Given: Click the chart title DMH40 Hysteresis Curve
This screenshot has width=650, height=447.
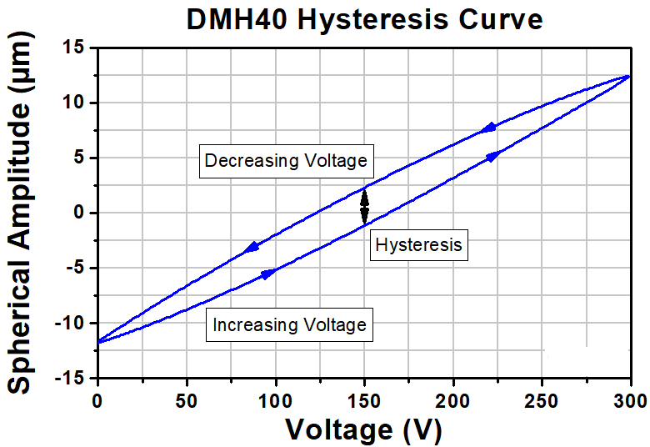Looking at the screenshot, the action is [x=364, y=18].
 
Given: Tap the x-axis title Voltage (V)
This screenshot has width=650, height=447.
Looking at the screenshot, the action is [x=363, y=429].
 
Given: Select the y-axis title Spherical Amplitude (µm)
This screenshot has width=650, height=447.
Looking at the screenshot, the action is [x=19, y=213].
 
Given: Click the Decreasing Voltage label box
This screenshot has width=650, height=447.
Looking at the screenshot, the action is [x=287, y=161].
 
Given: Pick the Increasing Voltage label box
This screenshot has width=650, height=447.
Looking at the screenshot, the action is [x=289, y=324].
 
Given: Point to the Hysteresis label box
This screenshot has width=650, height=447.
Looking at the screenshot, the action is [x=418, y=245].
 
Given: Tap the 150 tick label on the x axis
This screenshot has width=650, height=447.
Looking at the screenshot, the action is [x=364, y=401].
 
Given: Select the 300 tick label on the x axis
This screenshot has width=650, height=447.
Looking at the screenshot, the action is [x=630, y=401].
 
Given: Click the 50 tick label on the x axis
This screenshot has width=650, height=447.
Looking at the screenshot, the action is [x=187, y=401].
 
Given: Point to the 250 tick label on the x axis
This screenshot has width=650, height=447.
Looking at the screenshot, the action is [x=542, y=401].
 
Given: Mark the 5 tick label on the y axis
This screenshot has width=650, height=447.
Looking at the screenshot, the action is [x=80, y=158].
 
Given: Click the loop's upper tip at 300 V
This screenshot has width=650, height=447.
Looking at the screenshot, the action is [x=630, y=76].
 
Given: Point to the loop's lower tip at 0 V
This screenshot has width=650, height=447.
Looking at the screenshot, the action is [x=97, y=342].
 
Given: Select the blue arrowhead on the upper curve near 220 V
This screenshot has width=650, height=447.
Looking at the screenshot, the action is [x=488, y=128].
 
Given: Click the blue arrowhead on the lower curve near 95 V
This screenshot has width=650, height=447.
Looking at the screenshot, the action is [x=268, y=274].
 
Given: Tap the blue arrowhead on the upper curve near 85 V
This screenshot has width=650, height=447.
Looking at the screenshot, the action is [x=251, y=248].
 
